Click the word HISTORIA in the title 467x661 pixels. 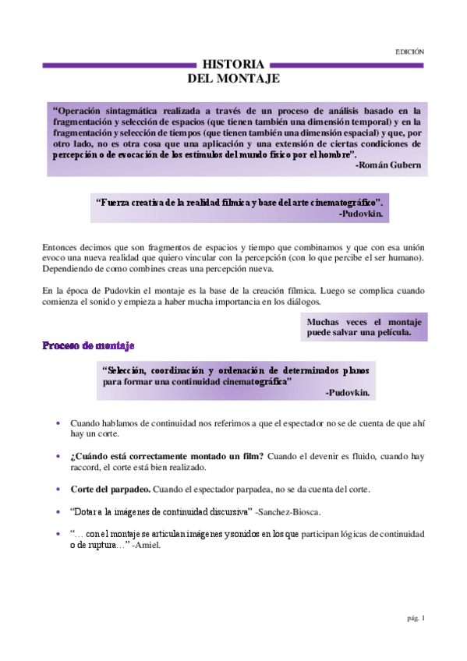(x=233, y=65)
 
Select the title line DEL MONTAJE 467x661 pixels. (x=233, y=79)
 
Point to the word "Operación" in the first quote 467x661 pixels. (x=81, y=111)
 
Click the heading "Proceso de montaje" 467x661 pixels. (x=88, y=345)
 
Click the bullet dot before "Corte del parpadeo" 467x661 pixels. (x=58, y=489)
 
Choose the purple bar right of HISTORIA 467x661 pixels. (x=348, y=65)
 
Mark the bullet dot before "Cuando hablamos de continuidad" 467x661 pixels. (x=58, y=422)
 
